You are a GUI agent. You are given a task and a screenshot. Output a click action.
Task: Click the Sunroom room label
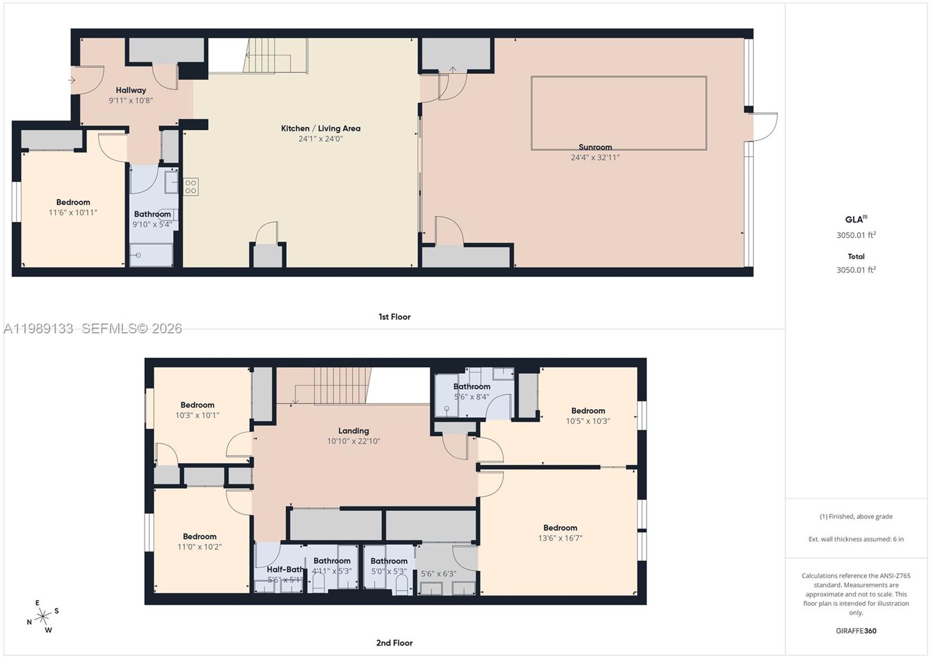point(595,147)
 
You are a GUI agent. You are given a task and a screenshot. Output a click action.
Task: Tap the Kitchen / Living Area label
point(321,129)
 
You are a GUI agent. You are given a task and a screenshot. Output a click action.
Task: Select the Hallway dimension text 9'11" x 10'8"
point(130,101)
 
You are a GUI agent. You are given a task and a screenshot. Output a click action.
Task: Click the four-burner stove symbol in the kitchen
point(191,187)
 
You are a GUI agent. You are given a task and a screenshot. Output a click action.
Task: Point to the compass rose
point(42,617)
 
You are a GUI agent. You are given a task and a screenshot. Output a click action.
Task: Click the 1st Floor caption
point(395,317)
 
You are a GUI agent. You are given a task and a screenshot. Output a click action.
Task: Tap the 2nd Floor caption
point(394,643)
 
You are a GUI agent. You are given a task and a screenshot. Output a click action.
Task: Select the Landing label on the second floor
point(353,431)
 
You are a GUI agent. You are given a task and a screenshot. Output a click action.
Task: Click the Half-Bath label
point(285,570)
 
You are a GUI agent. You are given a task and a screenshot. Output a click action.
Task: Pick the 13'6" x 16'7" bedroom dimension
point(560,538)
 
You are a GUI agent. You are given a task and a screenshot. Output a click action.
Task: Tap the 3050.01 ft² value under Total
point(856,270)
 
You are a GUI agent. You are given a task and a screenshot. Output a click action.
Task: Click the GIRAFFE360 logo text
point(856,631)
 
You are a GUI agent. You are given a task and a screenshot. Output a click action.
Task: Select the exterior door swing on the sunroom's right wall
point(765,126)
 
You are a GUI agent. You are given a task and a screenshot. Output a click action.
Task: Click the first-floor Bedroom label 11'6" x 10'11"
point(73,202)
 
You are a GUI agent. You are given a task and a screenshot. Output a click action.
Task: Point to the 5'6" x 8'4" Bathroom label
point(471,386)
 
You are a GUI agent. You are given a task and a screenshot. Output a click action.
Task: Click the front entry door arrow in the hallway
point(72,80)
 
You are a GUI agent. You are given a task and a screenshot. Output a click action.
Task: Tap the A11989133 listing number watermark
point(38,329)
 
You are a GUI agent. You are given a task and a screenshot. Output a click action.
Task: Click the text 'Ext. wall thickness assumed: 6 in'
point(856,539)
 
